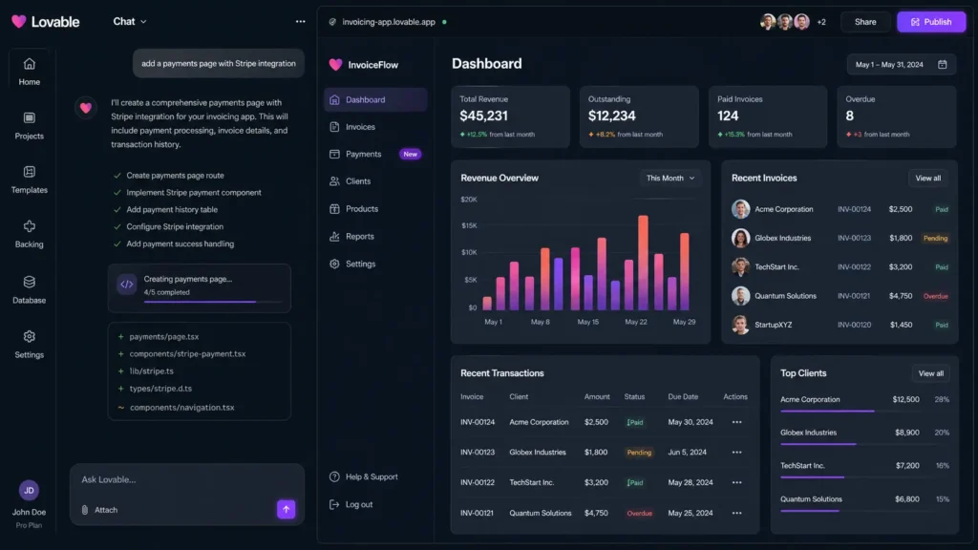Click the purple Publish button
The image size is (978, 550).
[x=930, y=22]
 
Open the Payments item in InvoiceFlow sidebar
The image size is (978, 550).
[x=363, y=154]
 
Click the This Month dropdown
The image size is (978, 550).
[x=670, y=178]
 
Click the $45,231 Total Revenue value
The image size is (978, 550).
[x=484, y=116]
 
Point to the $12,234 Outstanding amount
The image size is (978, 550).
[x=612, y=116]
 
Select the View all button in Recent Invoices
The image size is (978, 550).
[x=927, y=178]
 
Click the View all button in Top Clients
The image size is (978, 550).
[x=930, y=373]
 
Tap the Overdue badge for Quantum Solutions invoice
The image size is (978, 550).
[x=935, y=296]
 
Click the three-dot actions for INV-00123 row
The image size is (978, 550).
[x=736, y=453]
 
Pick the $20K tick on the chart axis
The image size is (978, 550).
[x=469, y=200]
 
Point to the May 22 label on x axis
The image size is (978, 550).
[x=636, y=322]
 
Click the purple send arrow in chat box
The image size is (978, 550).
[x=287, y=509]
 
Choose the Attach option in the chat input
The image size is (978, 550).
[x=100, y=510]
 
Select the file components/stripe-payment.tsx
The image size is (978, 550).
[x=187, y=353]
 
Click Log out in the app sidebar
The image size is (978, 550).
[x=359, y=504]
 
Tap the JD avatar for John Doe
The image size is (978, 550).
[x=29, y=491]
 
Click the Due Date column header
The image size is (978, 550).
[x=683, y=396]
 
